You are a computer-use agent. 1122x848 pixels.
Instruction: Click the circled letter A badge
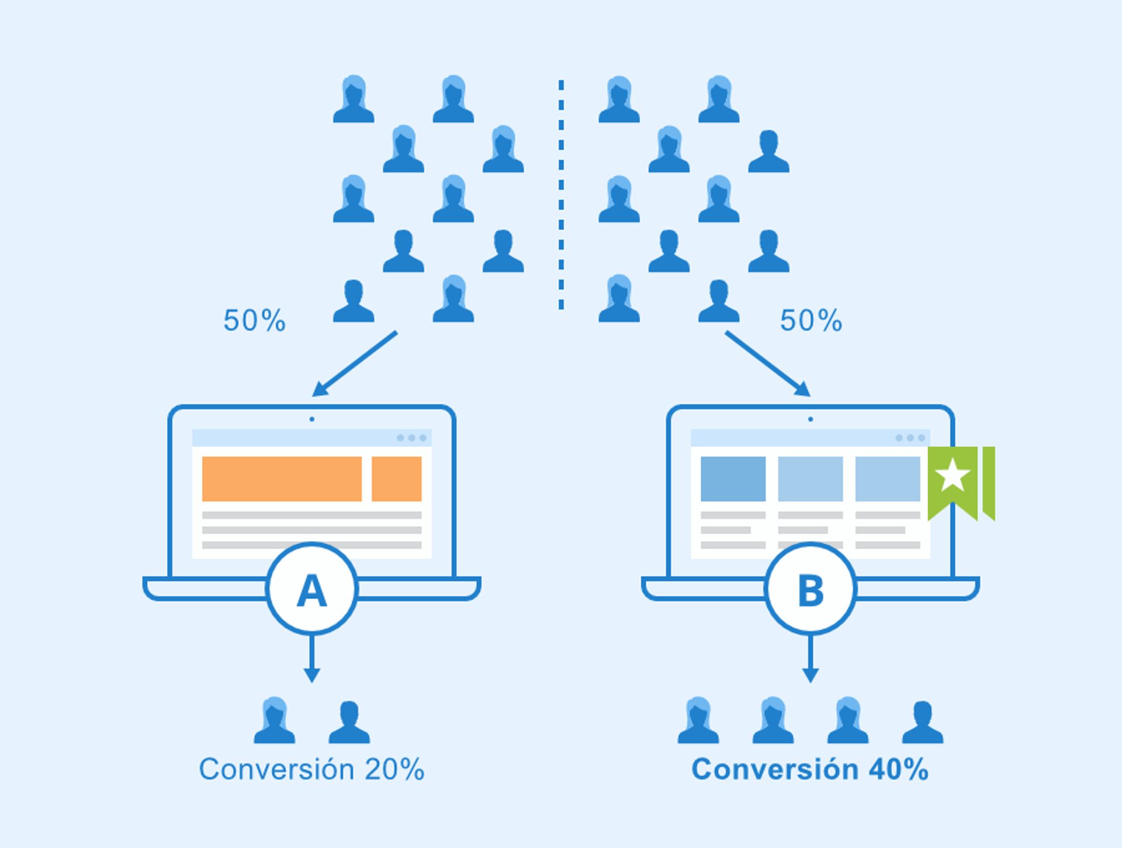pos(311,589)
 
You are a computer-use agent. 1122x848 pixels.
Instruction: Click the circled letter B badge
pos(810,589)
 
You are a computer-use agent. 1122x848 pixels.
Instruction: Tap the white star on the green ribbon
pos(953,475)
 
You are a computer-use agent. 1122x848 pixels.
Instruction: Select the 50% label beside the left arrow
pos(254,320)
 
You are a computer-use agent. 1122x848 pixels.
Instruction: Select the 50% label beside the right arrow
pos(811,320)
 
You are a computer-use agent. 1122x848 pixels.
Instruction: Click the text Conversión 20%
pos(311,769)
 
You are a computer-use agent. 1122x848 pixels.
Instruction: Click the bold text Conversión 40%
pos(810,769)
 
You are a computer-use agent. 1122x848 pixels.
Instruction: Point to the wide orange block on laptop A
pos(282,479)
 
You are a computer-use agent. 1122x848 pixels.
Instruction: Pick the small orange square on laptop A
pos(396,479)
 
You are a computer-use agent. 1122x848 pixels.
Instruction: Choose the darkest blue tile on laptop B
pos(733,479)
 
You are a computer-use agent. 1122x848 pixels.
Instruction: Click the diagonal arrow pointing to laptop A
pos(355,364)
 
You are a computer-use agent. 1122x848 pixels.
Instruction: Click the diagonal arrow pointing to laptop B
pos(767,364)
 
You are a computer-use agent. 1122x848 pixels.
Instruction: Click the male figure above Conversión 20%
pos(349,723)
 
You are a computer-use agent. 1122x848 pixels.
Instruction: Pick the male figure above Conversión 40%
pos(922,723)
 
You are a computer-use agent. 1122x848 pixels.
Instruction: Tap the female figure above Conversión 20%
pos(274,722)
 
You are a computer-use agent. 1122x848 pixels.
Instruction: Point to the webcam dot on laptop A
pos(311,419)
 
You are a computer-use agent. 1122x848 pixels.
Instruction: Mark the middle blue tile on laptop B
pos(810,479)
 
